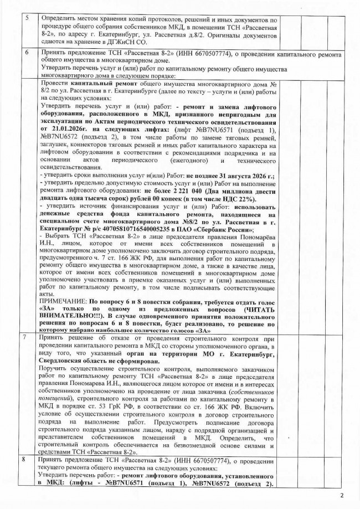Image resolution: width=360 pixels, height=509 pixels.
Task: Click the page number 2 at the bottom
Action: coord(342,494)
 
